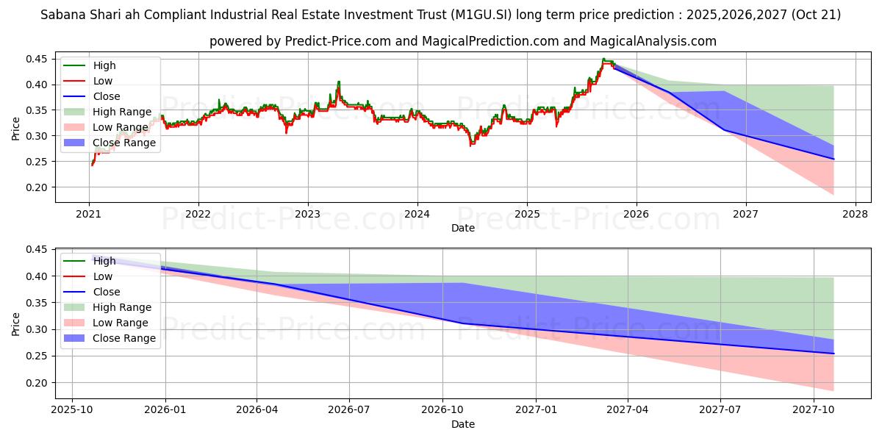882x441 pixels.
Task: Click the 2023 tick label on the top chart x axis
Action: click(307, 215)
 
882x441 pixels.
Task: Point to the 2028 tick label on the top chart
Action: click(856, 215)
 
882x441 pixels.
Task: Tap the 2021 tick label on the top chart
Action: click(89, 215)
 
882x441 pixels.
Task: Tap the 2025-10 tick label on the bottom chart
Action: click(72, 409)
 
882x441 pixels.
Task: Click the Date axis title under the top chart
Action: click(463, 228)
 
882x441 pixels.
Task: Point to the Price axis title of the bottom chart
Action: click(16, 323)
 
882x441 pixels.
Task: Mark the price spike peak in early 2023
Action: click(339, 82)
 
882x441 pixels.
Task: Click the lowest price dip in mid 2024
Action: click(471, 145)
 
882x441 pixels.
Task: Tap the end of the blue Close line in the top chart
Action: click(833, 159)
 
